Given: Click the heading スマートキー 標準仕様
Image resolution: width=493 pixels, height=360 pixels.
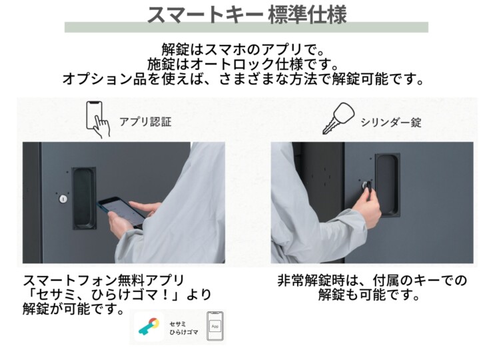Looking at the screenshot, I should click(x=246, y=14).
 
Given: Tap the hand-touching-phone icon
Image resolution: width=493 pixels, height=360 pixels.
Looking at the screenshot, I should click(x=97, y=119).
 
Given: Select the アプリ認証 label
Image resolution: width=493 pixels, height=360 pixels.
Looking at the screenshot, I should click(x=145, y=122).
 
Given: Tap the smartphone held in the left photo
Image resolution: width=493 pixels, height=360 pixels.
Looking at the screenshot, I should click(x=121, y=212).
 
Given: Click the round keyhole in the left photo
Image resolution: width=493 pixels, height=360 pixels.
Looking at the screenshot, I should click(x=63, y=199).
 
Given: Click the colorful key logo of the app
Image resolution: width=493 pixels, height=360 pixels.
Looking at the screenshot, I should click(x=149, y=327).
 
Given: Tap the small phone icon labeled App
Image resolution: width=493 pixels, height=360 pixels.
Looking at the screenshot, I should click(x=214, y=326).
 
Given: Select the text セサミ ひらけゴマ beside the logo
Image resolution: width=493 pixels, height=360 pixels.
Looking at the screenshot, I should click(x=182, y=327).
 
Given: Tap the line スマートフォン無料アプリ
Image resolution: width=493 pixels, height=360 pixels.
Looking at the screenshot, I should click(x=103, y=280).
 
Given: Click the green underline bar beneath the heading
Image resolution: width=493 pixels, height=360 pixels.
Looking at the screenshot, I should click(x=246, y=28).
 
